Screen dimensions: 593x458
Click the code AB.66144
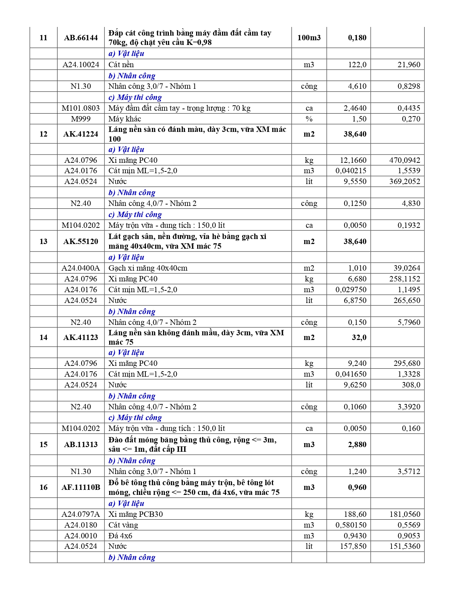click(x=81, y=38)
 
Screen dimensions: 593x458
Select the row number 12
click(x=43, y=134)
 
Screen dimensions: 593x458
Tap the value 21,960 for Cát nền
click(x=409, y=65)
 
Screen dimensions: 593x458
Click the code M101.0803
click(x=81, y=108)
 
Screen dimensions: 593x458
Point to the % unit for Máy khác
click(x=309, y=119)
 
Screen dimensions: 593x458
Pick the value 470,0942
click(x=404, y=160)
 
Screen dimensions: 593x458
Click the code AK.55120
click(x=81, y=242)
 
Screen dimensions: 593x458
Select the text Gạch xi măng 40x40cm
click(x=148, y=268)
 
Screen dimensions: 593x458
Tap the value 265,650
click(x=407, y=300)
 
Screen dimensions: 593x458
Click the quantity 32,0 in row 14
click(x=359, y=337)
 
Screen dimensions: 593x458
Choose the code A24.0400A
click(x=81, y=268)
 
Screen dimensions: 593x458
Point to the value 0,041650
click(x=351, y=374)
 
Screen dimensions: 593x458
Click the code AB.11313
click(x=81, y=445)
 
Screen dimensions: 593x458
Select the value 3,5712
click(x=409, y=472)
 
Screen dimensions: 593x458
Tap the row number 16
click(x=43, y=487)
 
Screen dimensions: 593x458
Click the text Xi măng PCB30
click(x=136, y=514)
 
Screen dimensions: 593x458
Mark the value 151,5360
click(x=404, y=546)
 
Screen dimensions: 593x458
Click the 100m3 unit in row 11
click(x=309, y=38)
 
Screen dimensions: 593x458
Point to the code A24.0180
click(x=81, y=525)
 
